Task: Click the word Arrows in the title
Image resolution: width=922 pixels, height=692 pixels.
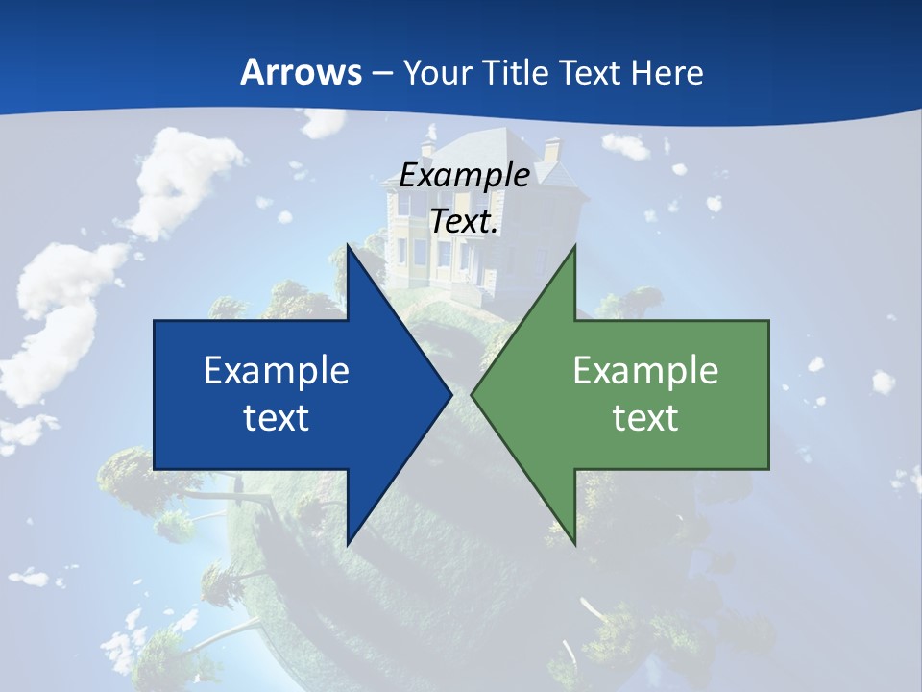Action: [300, 72]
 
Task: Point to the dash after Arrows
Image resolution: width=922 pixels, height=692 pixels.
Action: [381, 73]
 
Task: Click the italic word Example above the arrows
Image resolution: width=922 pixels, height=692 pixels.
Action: [464, 175]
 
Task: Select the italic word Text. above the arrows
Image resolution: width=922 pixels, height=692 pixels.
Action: [464, 220]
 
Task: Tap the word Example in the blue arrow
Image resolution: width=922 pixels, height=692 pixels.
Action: [277, 370]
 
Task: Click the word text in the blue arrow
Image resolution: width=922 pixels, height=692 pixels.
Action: [277, 417]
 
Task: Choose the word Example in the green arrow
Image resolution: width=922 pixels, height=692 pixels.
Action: [645, 370]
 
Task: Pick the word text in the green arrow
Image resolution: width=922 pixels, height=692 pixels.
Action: [645, 417]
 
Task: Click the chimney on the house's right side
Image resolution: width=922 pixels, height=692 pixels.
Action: [551, 150]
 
